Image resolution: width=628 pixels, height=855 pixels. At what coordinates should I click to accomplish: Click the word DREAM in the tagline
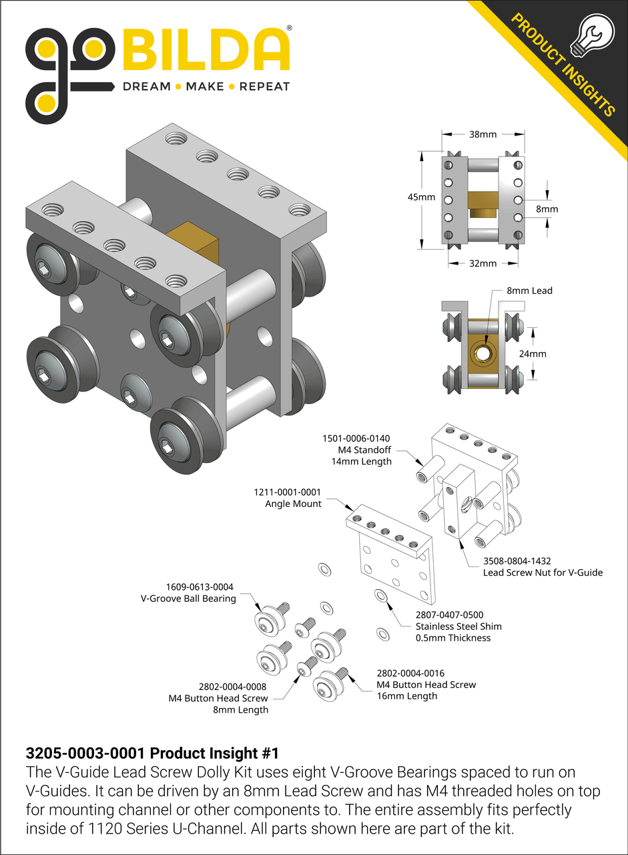pos(145,86)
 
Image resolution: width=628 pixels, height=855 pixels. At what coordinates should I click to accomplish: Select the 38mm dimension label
pos(483,134)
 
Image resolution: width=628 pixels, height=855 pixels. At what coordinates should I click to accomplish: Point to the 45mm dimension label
pos(422,197)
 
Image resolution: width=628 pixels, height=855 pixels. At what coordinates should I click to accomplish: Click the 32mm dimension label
pos(483,263)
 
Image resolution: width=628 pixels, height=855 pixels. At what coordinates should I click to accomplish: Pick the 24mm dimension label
pos(533,353)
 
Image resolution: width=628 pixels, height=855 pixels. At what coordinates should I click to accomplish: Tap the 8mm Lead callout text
pos(530,291)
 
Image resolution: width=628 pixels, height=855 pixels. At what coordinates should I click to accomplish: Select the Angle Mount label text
pos(293,504)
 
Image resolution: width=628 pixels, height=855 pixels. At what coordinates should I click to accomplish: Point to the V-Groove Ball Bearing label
pos(188,598)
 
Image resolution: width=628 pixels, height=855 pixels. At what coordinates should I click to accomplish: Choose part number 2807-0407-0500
pos(449,615)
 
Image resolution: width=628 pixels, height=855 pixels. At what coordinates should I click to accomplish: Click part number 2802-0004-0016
pos(410,673)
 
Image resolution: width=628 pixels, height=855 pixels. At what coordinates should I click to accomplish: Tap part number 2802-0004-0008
pos(234,686)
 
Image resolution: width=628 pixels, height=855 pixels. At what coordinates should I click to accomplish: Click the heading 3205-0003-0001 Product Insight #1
pos(151,753)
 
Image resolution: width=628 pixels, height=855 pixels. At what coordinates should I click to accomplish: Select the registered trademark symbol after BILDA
pos(288,29)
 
